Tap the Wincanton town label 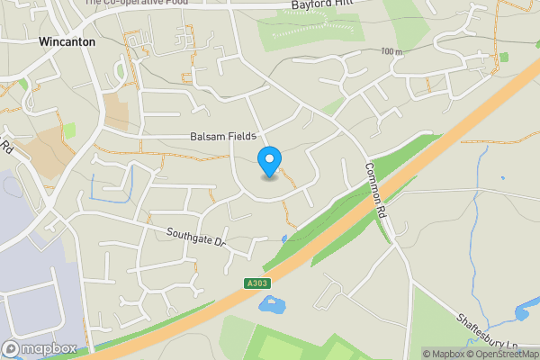click(67, 41)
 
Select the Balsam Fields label click(223, 136)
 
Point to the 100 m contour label click(391, 52)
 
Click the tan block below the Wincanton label click(116, 112)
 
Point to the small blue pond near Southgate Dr click(283, 239)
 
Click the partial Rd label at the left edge click(5, 146)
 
